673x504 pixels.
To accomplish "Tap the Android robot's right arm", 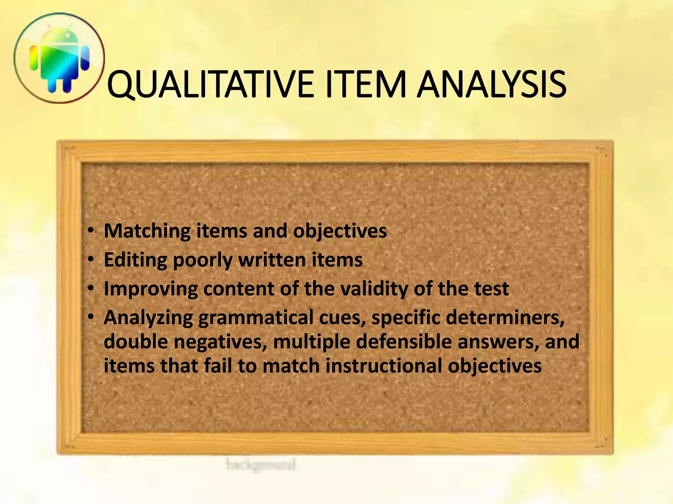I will (x=85, y=58).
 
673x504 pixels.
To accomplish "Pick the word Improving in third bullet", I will (x=151, y=289).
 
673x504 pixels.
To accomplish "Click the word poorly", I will (x=202, y=260).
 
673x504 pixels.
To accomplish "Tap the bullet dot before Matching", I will (x=91, y=230).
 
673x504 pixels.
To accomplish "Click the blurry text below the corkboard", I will (x=261, y=464).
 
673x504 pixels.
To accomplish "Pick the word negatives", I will (x=220, y=342).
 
